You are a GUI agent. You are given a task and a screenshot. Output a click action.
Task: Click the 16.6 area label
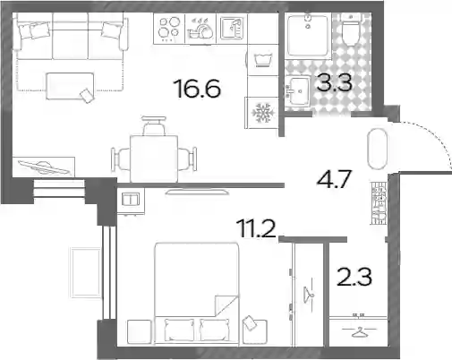(x=199, y=89)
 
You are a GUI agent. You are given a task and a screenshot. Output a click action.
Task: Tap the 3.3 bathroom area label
(x=334, y=82)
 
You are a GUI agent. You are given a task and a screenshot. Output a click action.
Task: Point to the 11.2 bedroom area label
(x=256, y=228)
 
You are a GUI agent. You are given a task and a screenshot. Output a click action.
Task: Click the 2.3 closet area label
(x=354, y=277)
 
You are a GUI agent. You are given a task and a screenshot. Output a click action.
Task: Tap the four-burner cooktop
(x=169, y=29)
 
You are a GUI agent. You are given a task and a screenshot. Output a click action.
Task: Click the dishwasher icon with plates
(x=200, y=29)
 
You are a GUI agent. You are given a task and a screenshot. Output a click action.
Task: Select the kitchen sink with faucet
(x=232, y=29)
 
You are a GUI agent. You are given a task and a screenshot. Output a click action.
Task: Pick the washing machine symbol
(x=263, y=60)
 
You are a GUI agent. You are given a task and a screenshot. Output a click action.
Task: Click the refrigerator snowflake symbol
(x=261, y=113)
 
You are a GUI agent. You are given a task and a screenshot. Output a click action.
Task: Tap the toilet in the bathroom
(x=351, y=30)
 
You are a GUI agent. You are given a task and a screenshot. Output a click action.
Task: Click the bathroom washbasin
(x=298, y=90)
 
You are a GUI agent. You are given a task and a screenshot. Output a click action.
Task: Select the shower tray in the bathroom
(x=308, y=34)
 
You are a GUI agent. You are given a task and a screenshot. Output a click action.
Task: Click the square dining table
(x=154, y=159)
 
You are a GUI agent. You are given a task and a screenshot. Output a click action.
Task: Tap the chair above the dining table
(x=154, y=125)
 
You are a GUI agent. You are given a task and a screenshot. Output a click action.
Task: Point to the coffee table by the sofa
(x=70, y=86)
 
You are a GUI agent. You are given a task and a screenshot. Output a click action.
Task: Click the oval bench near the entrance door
(x=377, y=149)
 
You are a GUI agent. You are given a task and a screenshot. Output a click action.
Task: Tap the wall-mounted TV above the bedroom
(x=198, y=192)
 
